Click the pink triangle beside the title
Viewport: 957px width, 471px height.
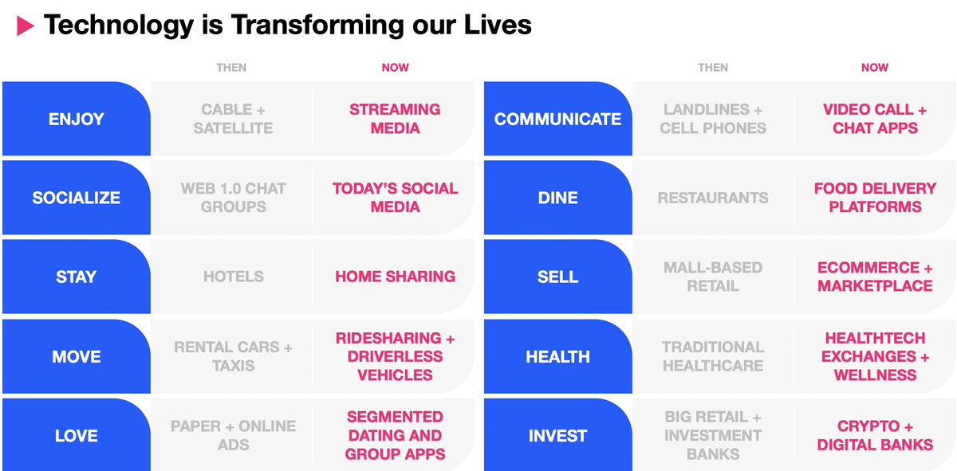[x=25, y=26]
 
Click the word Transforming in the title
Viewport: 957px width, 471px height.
[x=317, y=26]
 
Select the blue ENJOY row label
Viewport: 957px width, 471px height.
[x=77, y=119]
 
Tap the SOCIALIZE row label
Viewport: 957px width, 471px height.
[x=77, y=198]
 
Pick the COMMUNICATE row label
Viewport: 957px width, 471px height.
[x=558, y=119]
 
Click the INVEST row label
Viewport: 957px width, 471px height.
[x=558, y=435]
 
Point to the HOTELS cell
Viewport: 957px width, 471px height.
[x=233, y=277]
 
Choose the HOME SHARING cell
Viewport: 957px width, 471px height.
[x=396, y=277]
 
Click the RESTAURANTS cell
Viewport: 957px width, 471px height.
[x=713, y=198]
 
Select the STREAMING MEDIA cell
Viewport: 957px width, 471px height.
[x=396, y=119]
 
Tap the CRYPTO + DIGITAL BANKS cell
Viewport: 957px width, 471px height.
[x=875, y=436]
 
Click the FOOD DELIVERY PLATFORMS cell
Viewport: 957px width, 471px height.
[x=875, y=198]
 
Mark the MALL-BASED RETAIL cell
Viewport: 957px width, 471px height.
[x=713, y=277]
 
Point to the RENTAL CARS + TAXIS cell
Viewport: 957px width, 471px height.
[x=233, y=356]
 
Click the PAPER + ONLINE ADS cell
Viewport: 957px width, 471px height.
[x=233, y=436]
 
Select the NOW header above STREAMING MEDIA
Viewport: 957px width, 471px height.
[x=396, y=68]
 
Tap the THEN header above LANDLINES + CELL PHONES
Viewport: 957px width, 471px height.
[x=713, y=68]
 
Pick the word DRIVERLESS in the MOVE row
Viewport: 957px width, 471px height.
[x=396, y=356]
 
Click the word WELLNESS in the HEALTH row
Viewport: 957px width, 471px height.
[x=875, y=375]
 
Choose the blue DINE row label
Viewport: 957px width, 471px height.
[x=558, y=198]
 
